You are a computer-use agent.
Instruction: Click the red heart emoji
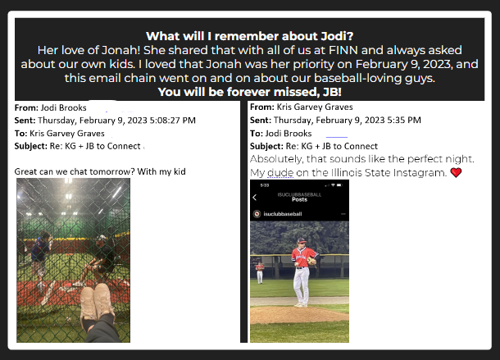point(456,173)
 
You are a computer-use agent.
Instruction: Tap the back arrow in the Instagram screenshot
point(254,198)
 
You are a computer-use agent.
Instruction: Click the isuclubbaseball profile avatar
point(257,214)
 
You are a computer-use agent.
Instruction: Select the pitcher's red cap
point(301,240)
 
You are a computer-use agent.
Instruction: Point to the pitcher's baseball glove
point(311,261)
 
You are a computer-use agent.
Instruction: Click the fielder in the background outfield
point(260,273)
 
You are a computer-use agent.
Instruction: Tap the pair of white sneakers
point(97,304)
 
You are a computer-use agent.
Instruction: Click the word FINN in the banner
point(343,50)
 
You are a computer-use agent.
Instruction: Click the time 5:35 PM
point(404,120)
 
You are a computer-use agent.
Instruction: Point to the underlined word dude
point(280,173)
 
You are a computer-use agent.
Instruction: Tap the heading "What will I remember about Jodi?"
point(250,36)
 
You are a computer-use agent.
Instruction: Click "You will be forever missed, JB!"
point(250,92)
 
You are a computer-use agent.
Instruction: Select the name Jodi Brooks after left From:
point(63,108)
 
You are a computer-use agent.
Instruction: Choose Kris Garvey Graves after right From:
point(315,107)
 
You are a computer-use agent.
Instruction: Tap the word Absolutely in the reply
point(276,159)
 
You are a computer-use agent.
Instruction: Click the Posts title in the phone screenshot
point(299,199)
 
